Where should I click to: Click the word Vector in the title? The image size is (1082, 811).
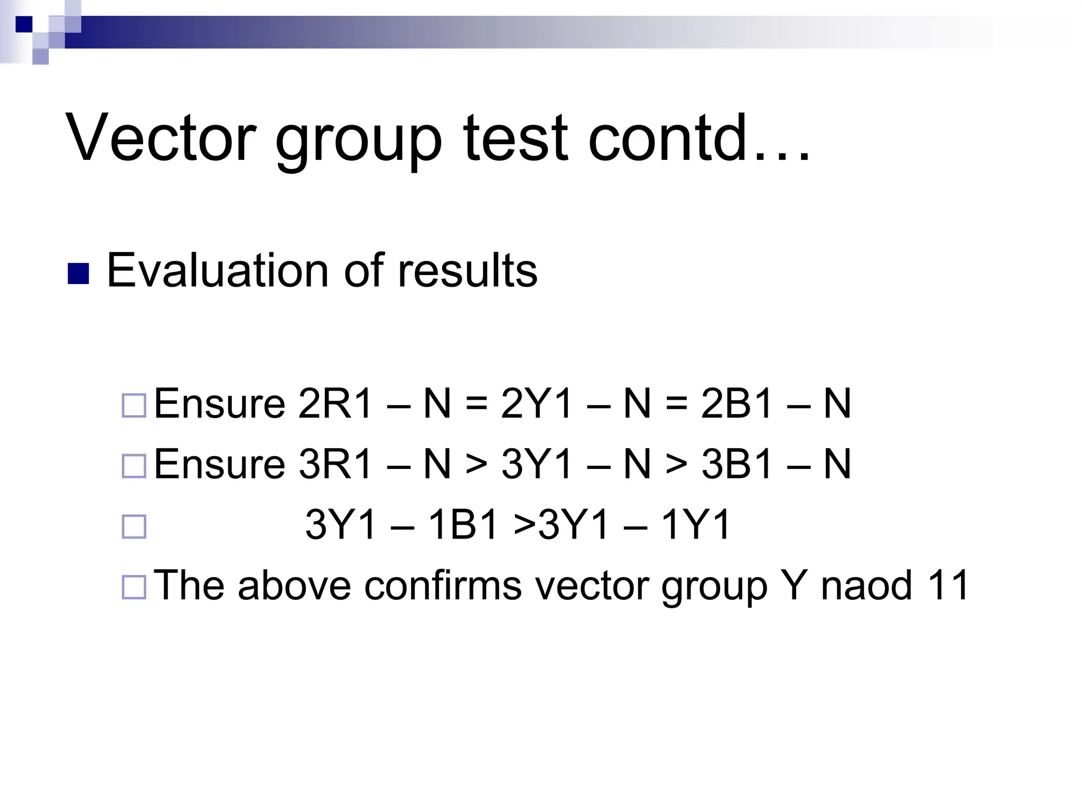[161, 138]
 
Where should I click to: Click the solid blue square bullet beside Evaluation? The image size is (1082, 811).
[78, 274]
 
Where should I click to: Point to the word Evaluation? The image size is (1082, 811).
[218, 271]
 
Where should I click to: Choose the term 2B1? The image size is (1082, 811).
[738, 404]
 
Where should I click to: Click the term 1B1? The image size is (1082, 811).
[463, 525]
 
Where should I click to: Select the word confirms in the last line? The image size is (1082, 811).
[443, 585]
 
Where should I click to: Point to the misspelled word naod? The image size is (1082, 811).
[866, 585]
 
